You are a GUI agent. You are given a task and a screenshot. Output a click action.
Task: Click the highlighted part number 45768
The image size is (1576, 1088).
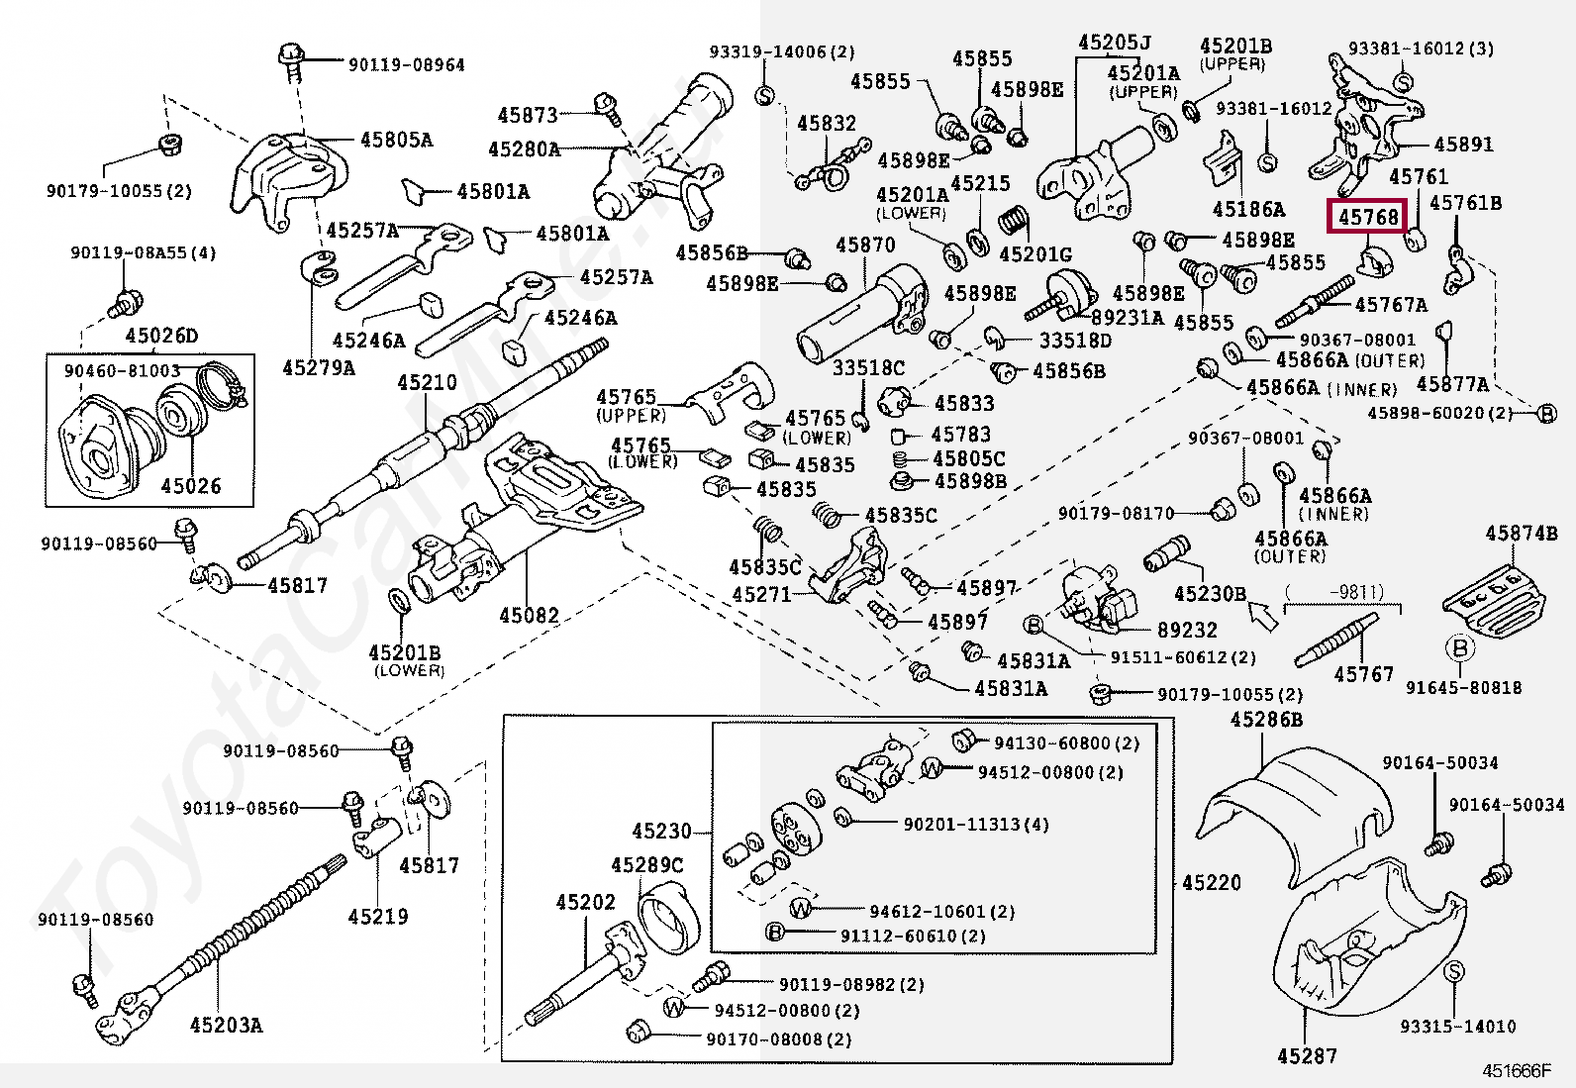[1368, 217]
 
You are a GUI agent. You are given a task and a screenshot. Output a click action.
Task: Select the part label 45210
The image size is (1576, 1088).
[427, 383]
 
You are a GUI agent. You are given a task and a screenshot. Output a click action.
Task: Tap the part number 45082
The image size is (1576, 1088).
[529, 615]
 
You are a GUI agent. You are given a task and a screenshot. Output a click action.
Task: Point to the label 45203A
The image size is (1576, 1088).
[226, 1025]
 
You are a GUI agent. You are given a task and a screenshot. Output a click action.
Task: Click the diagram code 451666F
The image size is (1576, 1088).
[1517, 1071]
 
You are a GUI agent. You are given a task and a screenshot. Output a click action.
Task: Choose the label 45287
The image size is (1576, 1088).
[1307, 1055]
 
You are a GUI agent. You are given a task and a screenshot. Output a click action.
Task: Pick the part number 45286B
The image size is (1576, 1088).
[1266, 720]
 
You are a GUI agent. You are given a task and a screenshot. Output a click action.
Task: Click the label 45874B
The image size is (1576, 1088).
[1522, 534]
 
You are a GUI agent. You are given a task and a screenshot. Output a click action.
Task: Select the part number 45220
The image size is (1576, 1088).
[1212, 882]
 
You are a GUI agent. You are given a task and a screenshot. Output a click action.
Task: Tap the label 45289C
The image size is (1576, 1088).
[647, 865]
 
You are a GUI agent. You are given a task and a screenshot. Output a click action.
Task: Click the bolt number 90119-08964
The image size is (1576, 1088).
[407, 64]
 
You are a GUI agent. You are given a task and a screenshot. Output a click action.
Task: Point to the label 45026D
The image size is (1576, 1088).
[161, 335]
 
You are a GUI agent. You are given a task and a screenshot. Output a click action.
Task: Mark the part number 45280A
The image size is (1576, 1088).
[524, 149]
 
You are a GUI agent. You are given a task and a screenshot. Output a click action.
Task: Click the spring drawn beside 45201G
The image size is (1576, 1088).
[1014, 221]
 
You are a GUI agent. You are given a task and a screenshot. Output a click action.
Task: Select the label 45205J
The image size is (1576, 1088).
[1115, 43]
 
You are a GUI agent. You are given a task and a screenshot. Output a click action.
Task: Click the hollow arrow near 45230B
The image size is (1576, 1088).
[1263, 616]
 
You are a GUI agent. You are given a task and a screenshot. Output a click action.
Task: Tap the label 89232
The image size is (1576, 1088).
[1187, 630]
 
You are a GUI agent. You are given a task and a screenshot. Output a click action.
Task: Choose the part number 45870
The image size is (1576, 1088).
[865, 245]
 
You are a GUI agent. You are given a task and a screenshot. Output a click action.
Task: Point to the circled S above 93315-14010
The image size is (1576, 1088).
[1453, 972]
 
